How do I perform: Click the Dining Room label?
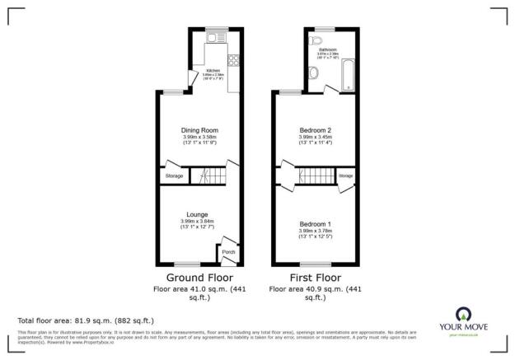[x=199, y=130]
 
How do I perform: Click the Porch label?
[x=228, y=252]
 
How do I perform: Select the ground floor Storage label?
[x=174, y=175]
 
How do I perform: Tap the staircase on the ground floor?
[x=210, y=175]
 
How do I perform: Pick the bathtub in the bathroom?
[x=349, y=74]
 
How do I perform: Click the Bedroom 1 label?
[x=314, y=224]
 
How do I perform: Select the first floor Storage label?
[x=345, y=175]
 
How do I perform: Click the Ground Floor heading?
[x=199, y=278]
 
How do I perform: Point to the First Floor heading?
[x=314, y=278]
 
